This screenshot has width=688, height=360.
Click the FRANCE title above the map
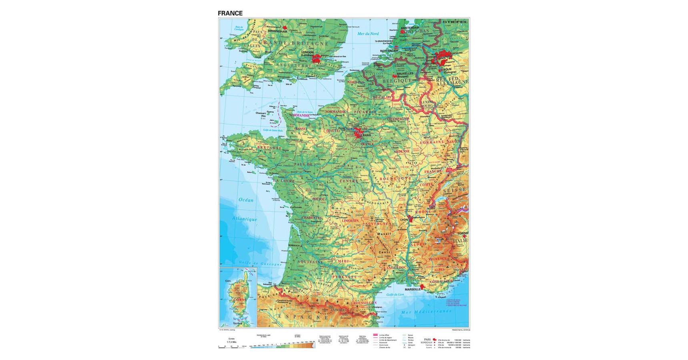pos(230,13)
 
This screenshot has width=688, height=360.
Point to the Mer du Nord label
pos(368,34)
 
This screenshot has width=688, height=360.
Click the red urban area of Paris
pos(359,133)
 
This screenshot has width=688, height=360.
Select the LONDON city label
pos(307,52)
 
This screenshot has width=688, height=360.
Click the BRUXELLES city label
pos(405,74)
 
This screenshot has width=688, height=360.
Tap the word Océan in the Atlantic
pos(246,200)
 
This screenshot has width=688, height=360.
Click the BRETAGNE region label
pos(269,148)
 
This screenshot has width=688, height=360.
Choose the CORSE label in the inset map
pos(239,299)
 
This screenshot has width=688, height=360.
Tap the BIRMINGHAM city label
pos(278,31)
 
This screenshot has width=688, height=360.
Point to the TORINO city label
pos(463,233)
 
